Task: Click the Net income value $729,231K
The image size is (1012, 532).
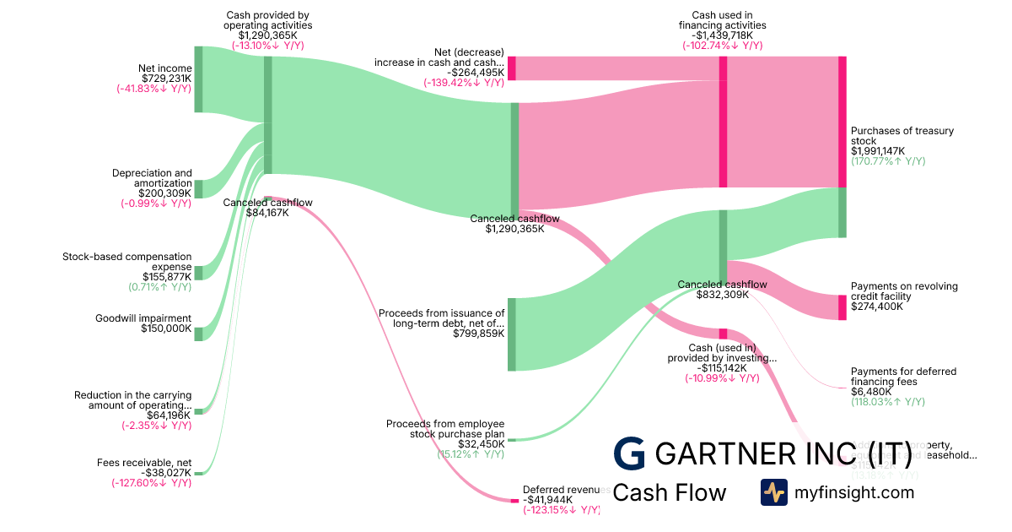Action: click(x=165, y=79)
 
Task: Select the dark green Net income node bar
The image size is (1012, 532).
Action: click(x=198, y=79)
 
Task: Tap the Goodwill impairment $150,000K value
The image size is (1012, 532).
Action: click(x=166, y=328)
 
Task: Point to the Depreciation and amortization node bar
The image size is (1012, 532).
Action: click(x=198, y=188)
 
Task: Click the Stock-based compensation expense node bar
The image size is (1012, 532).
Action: click(x=198, y=272)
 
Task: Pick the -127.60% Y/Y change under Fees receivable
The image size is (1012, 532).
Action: click(x=152, y=483)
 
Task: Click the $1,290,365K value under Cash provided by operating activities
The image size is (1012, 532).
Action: click(x=267, y=35)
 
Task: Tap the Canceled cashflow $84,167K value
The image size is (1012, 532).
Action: click(x=267, y=213)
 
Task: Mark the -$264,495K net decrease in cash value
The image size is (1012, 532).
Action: click(x=476, y=73)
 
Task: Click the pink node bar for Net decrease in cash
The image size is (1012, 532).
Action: click(x=512, y=68)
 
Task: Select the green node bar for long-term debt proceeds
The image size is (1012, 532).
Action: click(x=512, y=334)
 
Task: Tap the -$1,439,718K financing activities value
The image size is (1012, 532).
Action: click(x=722, y=35)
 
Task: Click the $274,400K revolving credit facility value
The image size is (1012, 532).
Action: click(x=877, y=307)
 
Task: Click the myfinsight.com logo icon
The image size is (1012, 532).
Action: click(x=774, y=492)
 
